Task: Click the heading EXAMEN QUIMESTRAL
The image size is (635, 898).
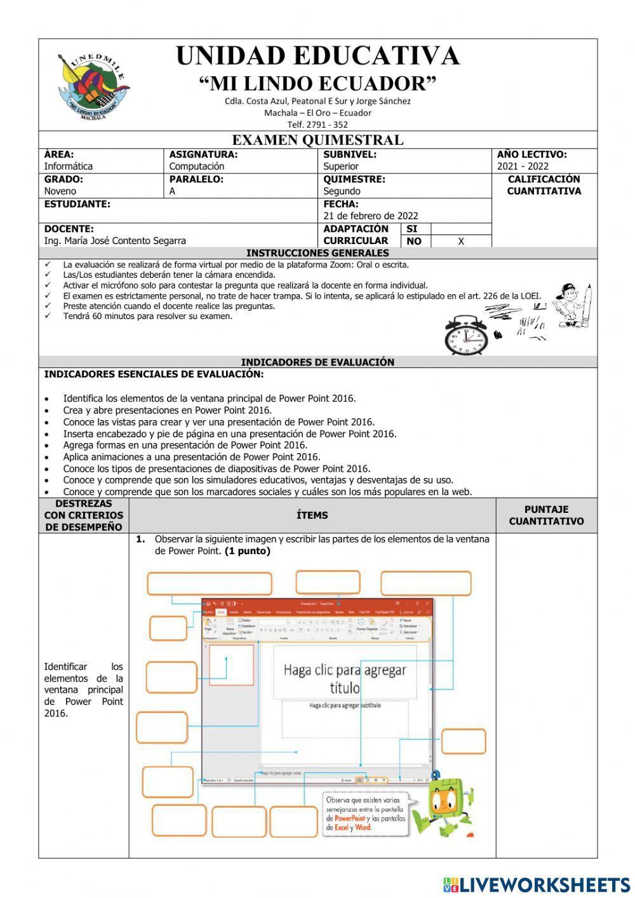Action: click(317, 140)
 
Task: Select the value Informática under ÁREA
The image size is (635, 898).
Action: click(68, 167)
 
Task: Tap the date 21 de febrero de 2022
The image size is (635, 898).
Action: click(371, 216)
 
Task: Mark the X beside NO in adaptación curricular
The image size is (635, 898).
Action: click(461, 242)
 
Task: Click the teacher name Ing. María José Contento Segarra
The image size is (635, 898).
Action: click(115, 241)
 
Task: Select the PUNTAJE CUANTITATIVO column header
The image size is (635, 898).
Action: click(546, 515)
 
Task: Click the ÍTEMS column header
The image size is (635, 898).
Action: click(312, 515)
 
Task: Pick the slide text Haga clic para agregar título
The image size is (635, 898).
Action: click(345, 678)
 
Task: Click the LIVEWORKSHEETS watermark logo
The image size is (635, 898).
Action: click(536, 885)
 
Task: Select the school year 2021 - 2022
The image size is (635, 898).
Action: click(523, 167)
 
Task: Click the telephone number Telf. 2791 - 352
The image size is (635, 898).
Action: click(317, 125)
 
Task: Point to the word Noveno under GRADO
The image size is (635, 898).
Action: click(60, 191)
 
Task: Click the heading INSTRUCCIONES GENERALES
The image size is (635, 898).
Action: click(317, 253)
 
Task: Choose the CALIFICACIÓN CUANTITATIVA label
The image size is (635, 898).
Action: click(544, 185)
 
